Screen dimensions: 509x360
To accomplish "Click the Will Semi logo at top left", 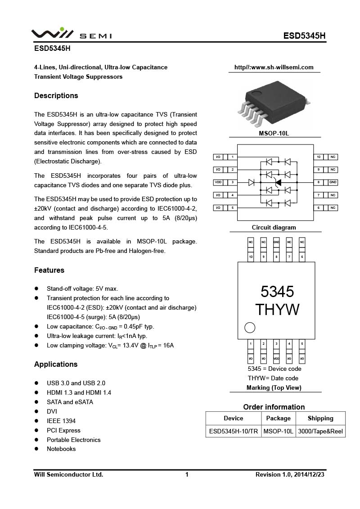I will pyautogui.click(x=71, y=34).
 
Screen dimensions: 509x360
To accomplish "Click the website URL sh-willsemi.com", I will pyautogui.click(x=274, y=68).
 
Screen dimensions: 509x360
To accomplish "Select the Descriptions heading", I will pyautogui.click(x=56, y=95).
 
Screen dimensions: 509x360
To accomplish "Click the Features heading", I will pyautogui.click(x=49, y=270).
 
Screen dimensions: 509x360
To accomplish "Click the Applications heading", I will pyautogui.click(x=56, y=364).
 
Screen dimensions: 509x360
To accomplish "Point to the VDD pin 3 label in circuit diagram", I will pyautogui.click(x=218, y=182).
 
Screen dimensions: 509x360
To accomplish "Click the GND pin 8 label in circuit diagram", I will pyautogui.click(x=333, y=182).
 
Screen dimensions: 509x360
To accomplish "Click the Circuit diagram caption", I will pyautogui.click(x=274, y=227).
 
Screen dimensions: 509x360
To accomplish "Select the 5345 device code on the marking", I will pyautogui.click(x=277, y=292).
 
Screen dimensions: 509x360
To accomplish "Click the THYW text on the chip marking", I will pyautogui.click(x=277, y=310).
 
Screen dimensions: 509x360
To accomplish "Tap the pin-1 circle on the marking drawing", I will pyautogui.click(x=250, y=327).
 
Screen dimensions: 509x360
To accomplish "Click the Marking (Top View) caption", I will pyautogui.click(x=274, y=387).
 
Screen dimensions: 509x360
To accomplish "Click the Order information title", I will pyautogui.click(x=274, y=407).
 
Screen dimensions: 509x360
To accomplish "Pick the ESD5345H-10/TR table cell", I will pyautogui.click(x=233, y=431).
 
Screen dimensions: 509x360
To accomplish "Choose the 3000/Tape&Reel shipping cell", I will pyautogui.click(x=320, y=431).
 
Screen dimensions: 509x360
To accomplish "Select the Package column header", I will pyautogui.click(x=278, y=418).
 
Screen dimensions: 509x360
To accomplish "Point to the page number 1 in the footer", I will pyautogui.click(x=187, y=474).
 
